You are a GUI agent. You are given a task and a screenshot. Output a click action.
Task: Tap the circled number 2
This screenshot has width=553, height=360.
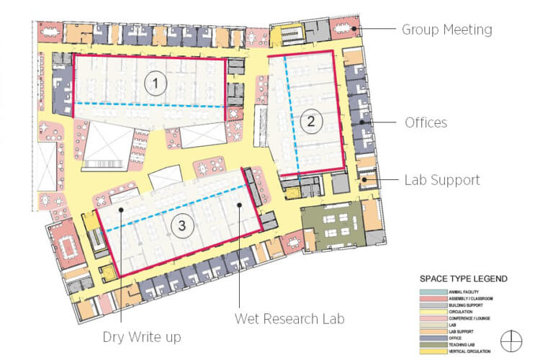(310, 121)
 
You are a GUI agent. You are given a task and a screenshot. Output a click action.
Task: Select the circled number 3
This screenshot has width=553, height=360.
(183, 226)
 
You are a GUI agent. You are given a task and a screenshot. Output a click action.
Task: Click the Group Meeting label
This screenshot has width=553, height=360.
(446, 30)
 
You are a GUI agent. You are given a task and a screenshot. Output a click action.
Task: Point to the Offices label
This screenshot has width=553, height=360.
(426, 123)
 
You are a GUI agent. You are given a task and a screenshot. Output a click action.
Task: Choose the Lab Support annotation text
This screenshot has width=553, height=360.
(441, 180)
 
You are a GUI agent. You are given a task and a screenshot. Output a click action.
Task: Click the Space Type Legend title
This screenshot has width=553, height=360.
(464, 279)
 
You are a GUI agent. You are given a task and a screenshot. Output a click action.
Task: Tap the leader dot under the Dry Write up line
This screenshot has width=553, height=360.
(122, 210)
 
